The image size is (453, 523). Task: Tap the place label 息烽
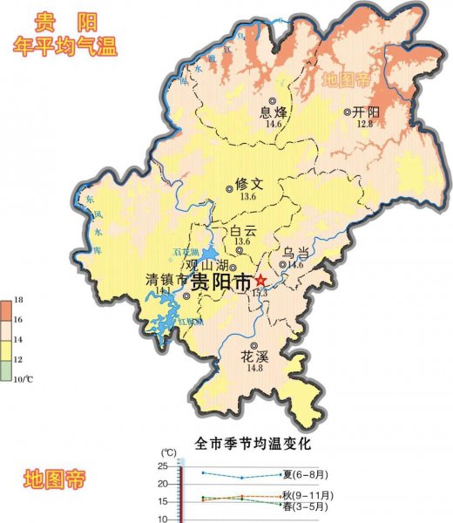click(x=274, y=112)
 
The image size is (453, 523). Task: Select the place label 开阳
click(x=368, y=112)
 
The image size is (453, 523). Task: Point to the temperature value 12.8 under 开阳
click(x=364, y=125)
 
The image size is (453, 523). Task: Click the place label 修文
click(x=248, y=184)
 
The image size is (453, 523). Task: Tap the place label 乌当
click(x=294, y=251)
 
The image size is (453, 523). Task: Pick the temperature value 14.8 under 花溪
click(x=254, y=369)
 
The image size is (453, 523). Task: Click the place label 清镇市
click(x=166, y=281)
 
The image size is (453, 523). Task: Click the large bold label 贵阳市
click(x=220, y=282)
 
